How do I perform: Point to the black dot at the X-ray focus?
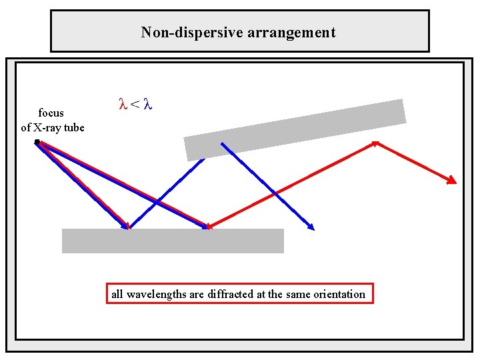tap(37, 141)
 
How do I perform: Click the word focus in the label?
tap(51, 113)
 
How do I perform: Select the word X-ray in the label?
tap(48, 127)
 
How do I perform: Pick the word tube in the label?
tap(74, 127)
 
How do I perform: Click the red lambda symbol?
tap(122, 104)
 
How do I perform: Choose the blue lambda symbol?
tap(149, 104)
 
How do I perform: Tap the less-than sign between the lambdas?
tap(135, 104)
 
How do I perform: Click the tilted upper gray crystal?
tap(295, 129)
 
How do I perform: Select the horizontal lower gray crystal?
tap(173, 241)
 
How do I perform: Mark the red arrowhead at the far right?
tap(452, 180)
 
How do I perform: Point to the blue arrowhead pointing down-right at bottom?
tap(310, 227)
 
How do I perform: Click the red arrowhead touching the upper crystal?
tap(375, 142)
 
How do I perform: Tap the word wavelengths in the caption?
tap(157, 294)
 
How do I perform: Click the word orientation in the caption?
tap(339, 294)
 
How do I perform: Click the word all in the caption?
tap(117, 294)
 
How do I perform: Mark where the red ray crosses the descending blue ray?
tap(274, 193)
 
